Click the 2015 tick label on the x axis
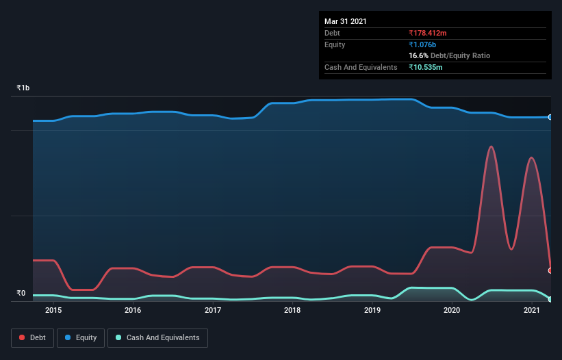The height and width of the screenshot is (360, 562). [x=53, y=310]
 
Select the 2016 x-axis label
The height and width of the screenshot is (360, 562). [x=133, y=310]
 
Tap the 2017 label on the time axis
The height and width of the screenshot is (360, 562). [x=213, y=310]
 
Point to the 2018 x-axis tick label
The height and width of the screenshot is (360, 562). [x=292, y=310]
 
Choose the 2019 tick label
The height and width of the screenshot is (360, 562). [x=372, y=310]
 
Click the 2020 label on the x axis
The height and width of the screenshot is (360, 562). [x=452, y=310]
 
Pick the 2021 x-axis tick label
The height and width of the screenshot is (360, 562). [x=532, y=310]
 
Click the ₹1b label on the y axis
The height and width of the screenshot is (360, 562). [x=23, y=88]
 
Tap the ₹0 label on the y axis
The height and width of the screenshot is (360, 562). [x=21, y=294]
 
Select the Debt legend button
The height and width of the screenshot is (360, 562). [x=31, y=337]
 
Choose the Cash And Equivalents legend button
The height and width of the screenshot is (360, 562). [x=157, y=337]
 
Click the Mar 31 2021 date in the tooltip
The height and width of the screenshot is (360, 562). [x=346, y=21]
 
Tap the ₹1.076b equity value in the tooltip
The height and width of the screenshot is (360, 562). [x=425, y=44]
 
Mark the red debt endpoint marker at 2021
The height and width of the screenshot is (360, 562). [x=550, y=270]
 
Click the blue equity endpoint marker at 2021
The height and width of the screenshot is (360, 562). [x=550, y=117]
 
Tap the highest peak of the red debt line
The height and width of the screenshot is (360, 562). [x=491, y=146]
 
